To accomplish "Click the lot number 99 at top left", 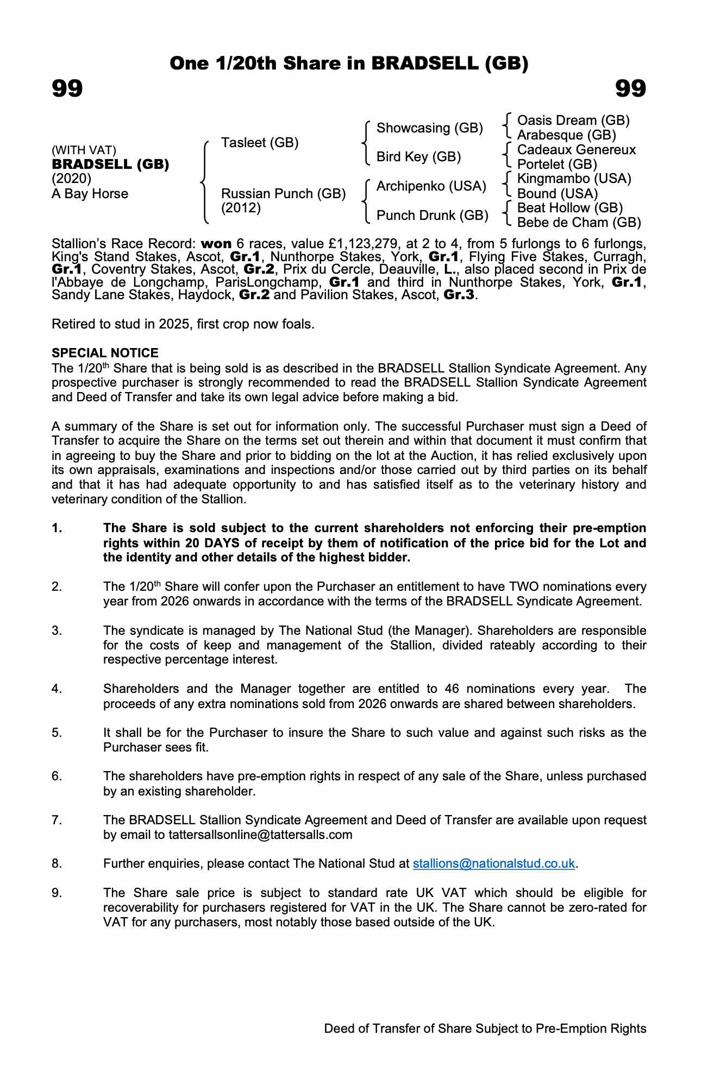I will click(67, 89).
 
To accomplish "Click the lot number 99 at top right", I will click(630, 89).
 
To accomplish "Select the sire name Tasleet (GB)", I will click(260, 143).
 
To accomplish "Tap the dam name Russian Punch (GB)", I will click(283, 194).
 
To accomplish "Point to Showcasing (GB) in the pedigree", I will click(429, 128).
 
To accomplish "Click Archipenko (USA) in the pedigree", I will click(431, 186).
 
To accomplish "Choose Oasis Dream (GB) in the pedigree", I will click(573, 120).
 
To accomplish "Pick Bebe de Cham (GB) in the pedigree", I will click(579, 223).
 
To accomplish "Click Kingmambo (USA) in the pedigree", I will click(574, 179).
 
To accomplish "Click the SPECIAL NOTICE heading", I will click(105, 353).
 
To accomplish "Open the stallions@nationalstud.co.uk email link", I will click(493, 863).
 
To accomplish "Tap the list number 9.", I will click(57, 893).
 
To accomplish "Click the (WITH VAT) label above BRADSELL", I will click(84, 150).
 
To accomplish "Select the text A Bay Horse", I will click(90, 194).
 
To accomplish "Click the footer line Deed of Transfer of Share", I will click(485, 1028).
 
